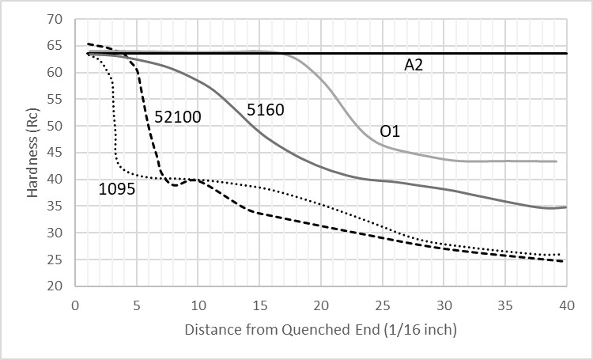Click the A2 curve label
click(x=414, y=66)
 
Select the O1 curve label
click(x=390, y=131)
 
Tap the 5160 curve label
click(x=265, y=110)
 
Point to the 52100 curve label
click(x=177, y=117)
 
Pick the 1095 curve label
click(x=115, y=188)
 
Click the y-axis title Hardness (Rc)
click(x=32, y=152)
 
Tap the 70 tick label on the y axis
click(x=55, y=19)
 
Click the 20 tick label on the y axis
click(x=55, y=286)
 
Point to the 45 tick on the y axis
click(x=55, y=153)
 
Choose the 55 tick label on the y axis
click(x=55, y=100)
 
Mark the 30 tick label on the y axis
click(x=55, y=233)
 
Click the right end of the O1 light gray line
click(x=557, y=161)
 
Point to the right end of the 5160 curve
click(x=565, y=207)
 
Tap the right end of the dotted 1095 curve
click(x=561, y=255)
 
